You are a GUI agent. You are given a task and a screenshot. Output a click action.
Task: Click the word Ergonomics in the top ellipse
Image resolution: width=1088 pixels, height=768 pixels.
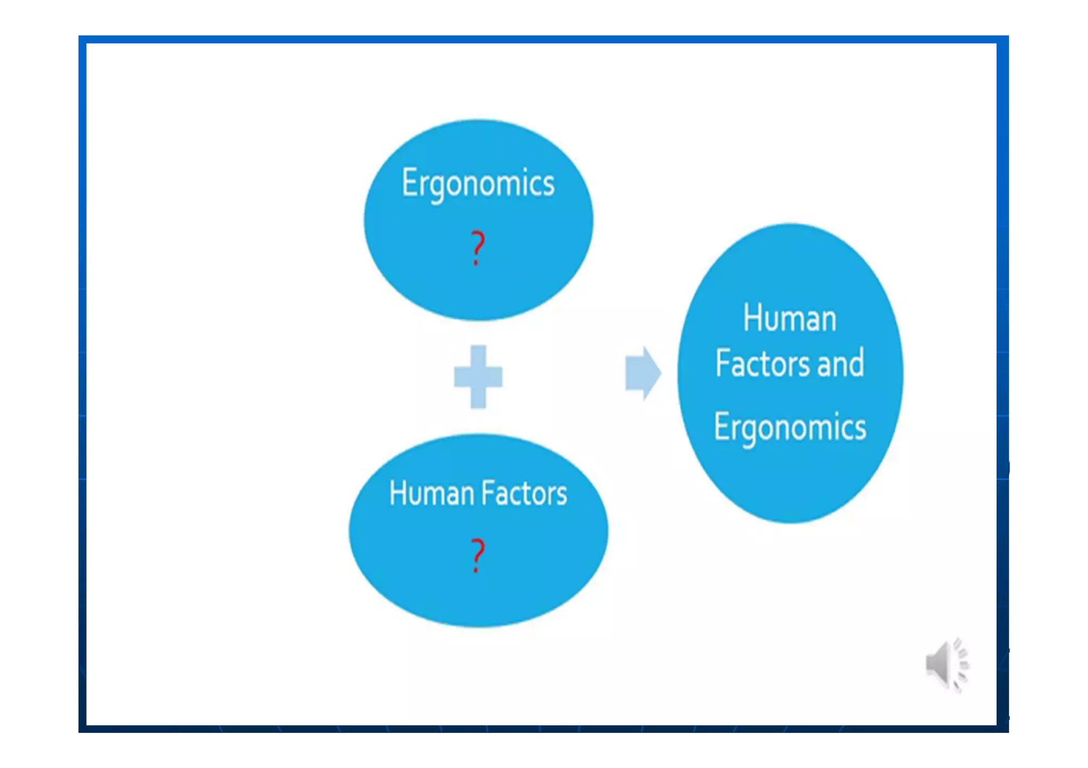478,183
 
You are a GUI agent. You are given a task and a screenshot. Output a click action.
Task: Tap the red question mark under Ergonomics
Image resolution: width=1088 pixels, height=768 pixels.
478,247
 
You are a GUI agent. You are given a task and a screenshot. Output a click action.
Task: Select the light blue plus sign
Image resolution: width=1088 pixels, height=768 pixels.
478,376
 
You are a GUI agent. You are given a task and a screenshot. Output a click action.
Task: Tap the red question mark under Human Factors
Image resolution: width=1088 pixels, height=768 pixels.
478,555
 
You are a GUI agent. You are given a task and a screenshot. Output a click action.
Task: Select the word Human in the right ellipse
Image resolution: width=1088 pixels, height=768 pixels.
789,318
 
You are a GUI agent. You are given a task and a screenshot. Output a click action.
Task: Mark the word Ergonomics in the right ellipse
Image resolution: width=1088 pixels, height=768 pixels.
789,427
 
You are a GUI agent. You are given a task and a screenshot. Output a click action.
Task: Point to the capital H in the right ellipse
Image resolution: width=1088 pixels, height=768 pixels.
752,317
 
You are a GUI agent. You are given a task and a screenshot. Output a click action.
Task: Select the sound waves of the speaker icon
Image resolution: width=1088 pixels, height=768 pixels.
961,664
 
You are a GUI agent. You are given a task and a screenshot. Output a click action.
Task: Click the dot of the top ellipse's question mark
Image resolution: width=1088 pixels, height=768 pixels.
476,263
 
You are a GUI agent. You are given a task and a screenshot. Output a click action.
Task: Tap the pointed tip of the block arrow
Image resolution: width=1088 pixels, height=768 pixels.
660,373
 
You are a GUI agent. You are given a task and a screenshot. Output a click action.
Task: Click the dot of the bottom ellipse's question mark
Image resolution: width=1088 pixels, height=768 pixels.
476,571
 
